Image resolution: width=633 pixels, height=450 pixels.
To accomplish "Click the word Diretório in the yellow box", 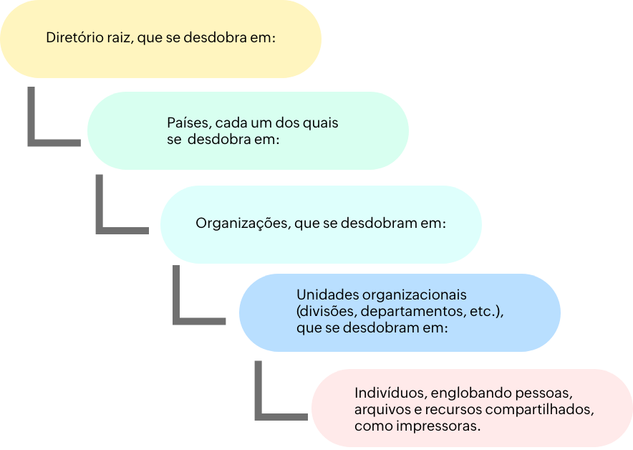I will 73,39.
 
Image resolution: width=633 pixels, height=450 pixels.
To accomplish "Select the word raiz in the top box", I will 117,39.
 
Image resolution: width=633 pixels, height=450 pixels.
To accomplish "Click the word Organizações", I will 241,223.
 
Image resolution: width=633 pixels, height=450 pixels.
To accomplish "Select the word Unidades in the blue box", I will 326,295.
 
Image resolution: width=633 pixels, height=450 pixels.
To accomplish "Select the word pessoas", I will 548,393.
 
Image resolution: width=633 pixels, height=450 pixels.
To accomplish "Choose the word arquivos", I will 381,410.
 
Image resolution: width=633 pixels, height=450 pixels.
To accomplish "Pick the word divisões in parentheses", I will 326,312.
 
